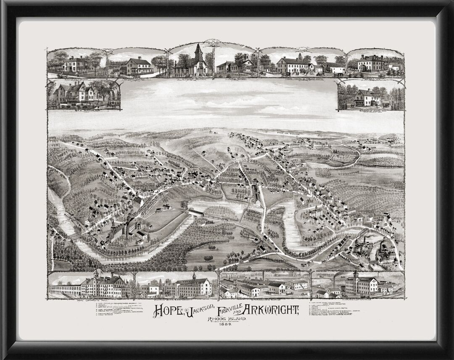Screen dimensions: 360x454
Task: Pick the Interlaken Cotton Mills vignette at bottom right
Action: coord(357,285)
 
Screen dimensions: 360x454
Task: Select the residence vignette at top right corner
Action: coord(375,63)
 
